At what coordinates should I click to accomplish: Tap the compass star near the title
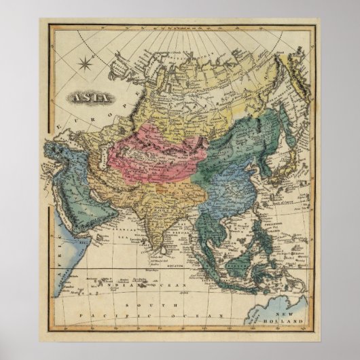point(86,66)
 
